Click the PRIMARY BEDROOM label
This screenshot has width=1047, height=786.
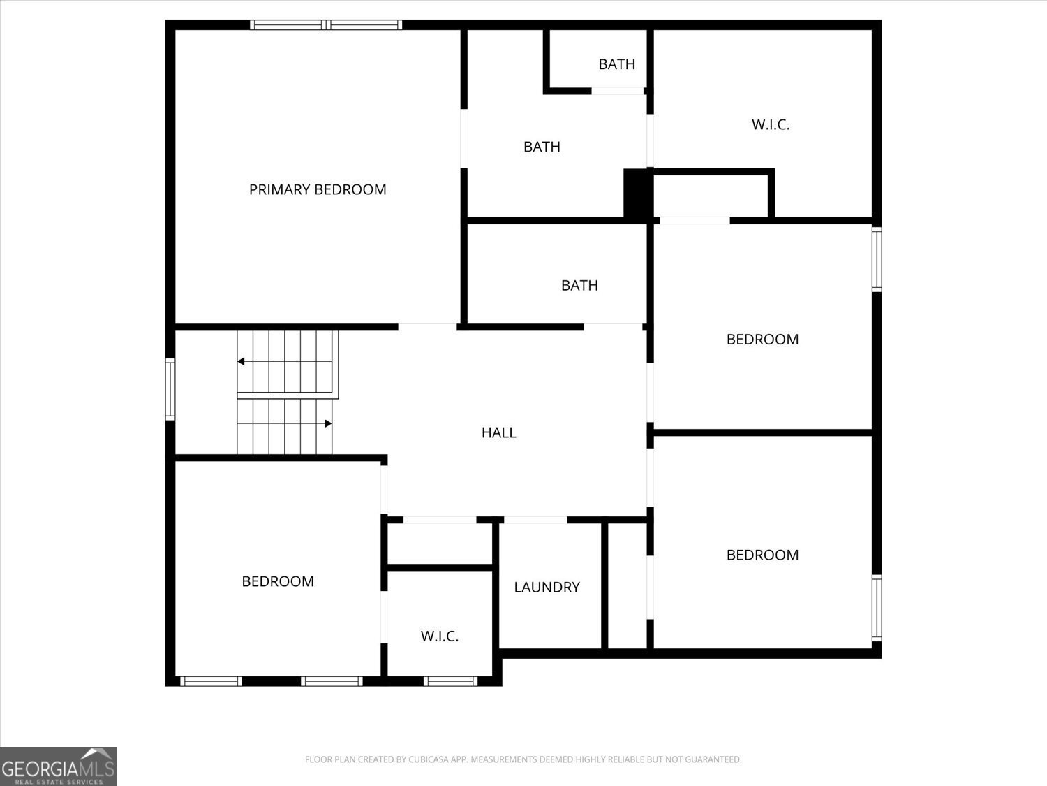318,189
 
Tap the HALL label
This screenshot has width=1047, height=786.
498,432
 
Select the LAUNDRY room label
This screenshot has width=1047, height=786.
547,587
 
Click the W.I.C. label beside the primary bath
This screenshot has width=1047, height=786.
771,124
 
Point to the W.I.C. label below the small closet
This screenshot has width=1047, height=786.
440,636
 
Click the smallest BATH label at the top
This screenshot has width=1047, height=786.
616,64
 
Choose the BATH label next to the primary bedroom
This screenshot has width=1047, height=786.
542,147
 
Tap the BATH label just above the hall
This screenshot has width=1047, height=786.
579,285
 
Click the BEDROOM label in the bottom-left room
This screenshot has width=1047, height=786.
278,581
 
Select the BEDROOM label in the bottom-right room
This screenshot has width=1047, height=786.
762,555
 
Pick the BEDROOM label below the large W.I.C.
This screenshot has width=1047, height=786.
762,339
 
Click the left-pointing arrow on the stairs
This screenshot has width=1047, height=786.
241,361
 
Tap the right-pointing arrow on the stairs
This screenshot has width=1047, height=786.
328,423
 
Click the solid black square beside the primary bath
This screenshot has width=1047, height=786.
637,195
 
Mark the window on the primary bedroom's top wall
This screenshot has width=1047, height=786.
326,25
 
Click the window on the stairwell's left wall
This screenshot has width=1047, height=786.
170,389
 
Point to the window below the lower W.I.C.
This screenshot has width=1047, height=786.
451,681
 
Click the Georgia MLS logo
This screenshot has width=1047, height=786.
59,766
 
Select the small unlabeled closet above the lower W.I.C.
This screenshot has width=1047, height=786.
440,544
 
